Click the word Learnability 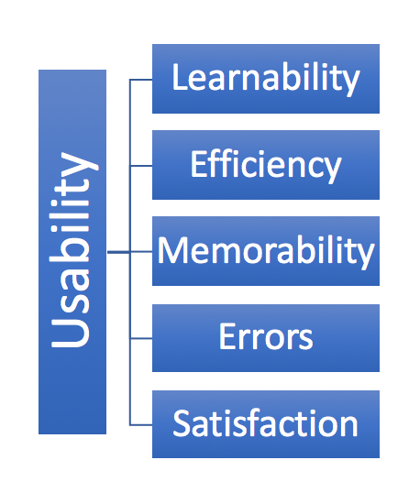[x=266, y=79]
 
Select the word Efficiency [x=266, y=165]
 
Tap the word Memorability [x=266, y=251]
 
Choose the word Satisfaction [x=266, y=423]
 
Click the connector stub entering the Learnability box [x=141, y=80]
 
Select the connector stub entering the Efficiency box [x=141, y=166]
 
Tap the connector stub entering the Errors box [x=141, y=338]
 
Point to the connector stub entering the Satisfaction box [x=141, y=425]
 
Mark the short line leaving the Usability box [x=118, y=252]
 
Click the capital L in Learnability [x=179, y=77]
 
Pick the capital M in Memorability [x=171, y=249]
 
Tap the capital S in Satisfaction [x=182, y=423]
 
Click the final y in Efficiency [x=332, y=170]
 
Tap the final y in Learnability [x=350, y=84]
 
